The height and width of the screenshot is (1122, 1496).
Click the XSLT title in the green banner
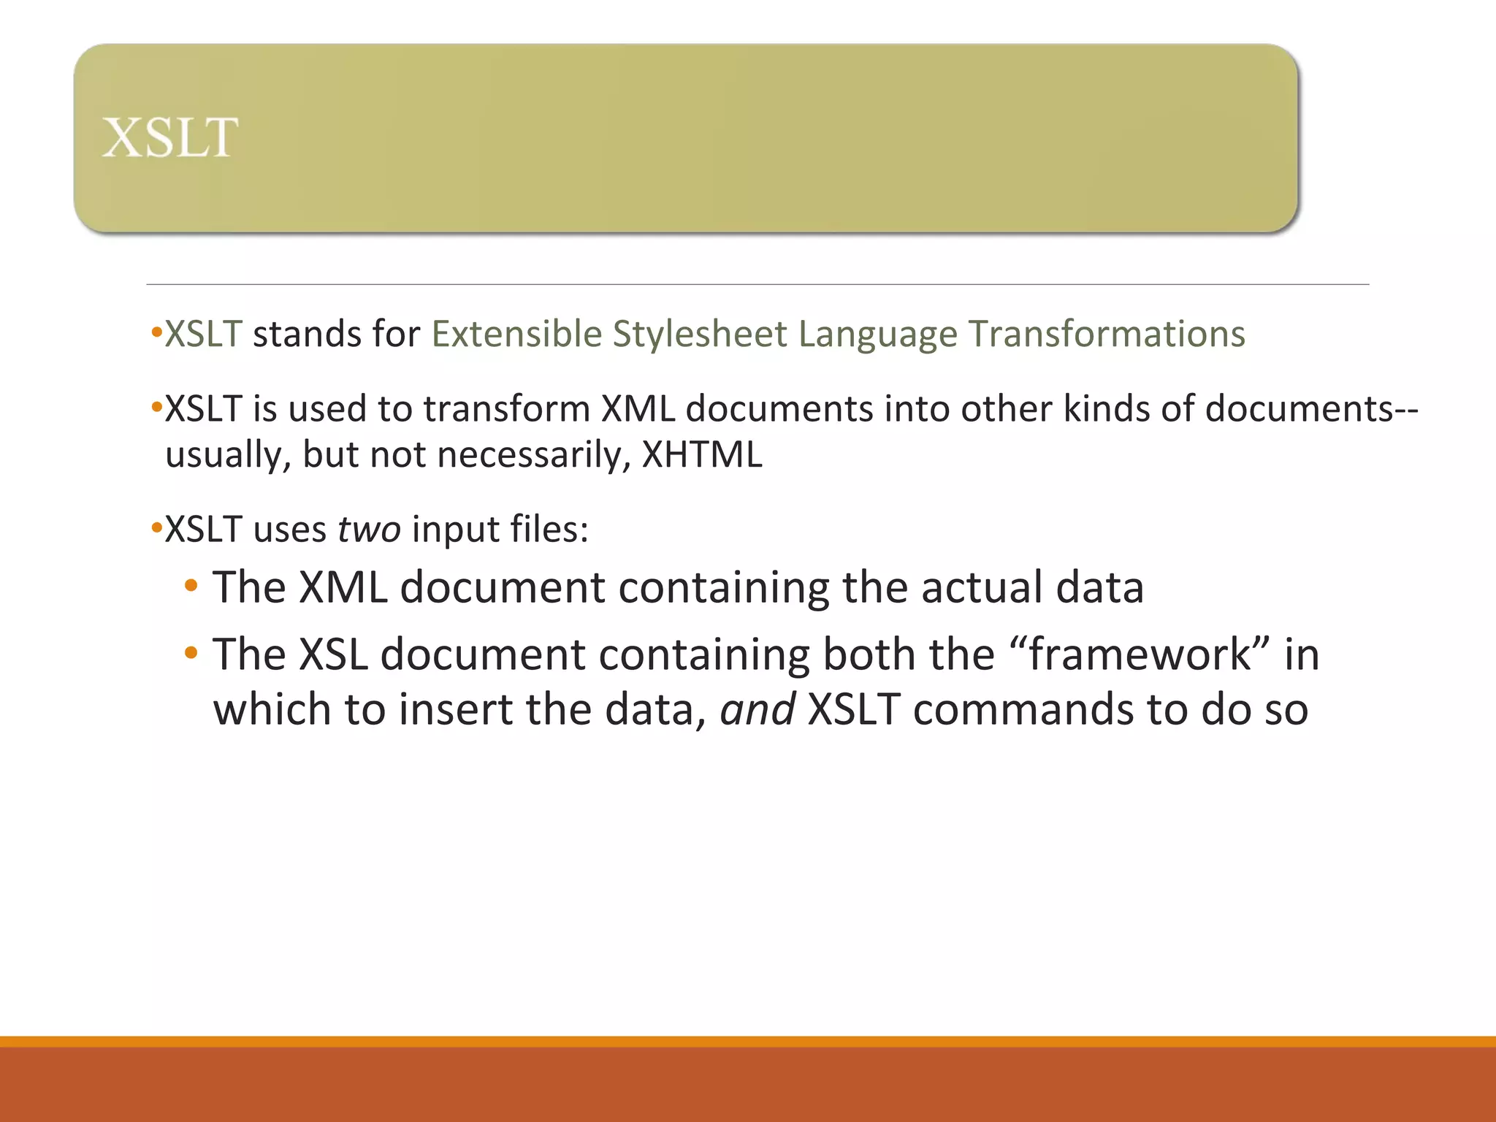point(169,137)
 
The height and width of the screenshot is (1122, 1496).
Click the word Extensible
point(516,335)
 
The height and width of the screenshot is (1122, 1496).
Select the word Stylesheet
point(699,335)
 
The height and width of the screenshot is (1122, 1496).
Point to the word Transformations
point(1106,335)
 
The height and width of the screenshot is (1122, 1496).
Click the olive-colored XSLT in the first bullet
point(203,335)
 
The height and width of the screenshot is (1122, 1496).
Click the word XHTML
point(701,455)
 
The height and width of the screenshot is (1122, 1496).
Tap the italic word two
point(369,529)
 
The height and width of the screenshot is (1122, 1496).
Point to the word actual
point(981,587)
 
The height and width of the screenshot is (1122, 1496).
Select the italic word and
point(757,710)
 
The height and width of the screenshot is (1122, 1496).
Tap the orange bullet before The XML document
point(191,586)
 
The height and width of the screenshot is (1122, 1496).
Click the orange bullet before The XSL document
point(191,653)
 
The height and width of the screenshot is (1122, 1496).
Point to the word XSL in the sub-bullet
point(333,654)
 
